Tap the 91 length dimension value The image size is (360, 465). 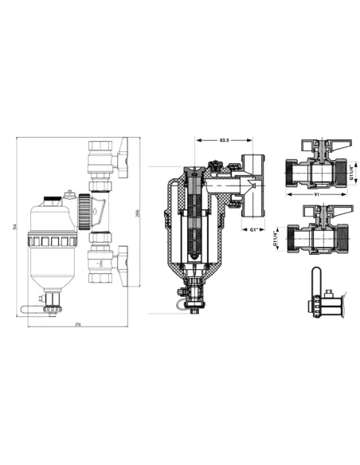click(316, 193)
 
